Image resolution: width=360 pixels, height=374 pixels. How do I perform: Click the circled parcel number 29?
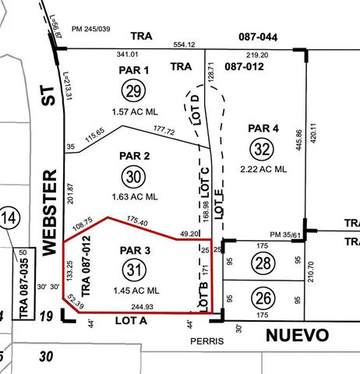click(x=133, y=92)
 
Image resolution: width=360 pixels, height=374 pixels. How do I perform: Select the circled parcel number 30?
click(x=133, y=177)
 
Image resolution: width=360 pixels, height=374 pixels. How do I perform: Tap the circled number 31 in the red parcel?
click(x=134, y=270)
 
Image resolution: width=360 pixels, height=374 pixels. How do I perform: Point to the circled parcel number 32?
click(x=263, y=148)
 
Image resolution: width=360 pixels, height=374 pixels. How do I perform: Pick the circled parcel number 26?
click(x=263, y=298)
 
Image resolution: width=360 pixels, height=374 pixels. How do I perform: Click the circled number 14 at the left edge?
click(x=9, y=217)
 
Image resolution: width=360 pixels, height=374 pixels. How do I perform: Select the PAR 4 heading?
click(x=263, y=128)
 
